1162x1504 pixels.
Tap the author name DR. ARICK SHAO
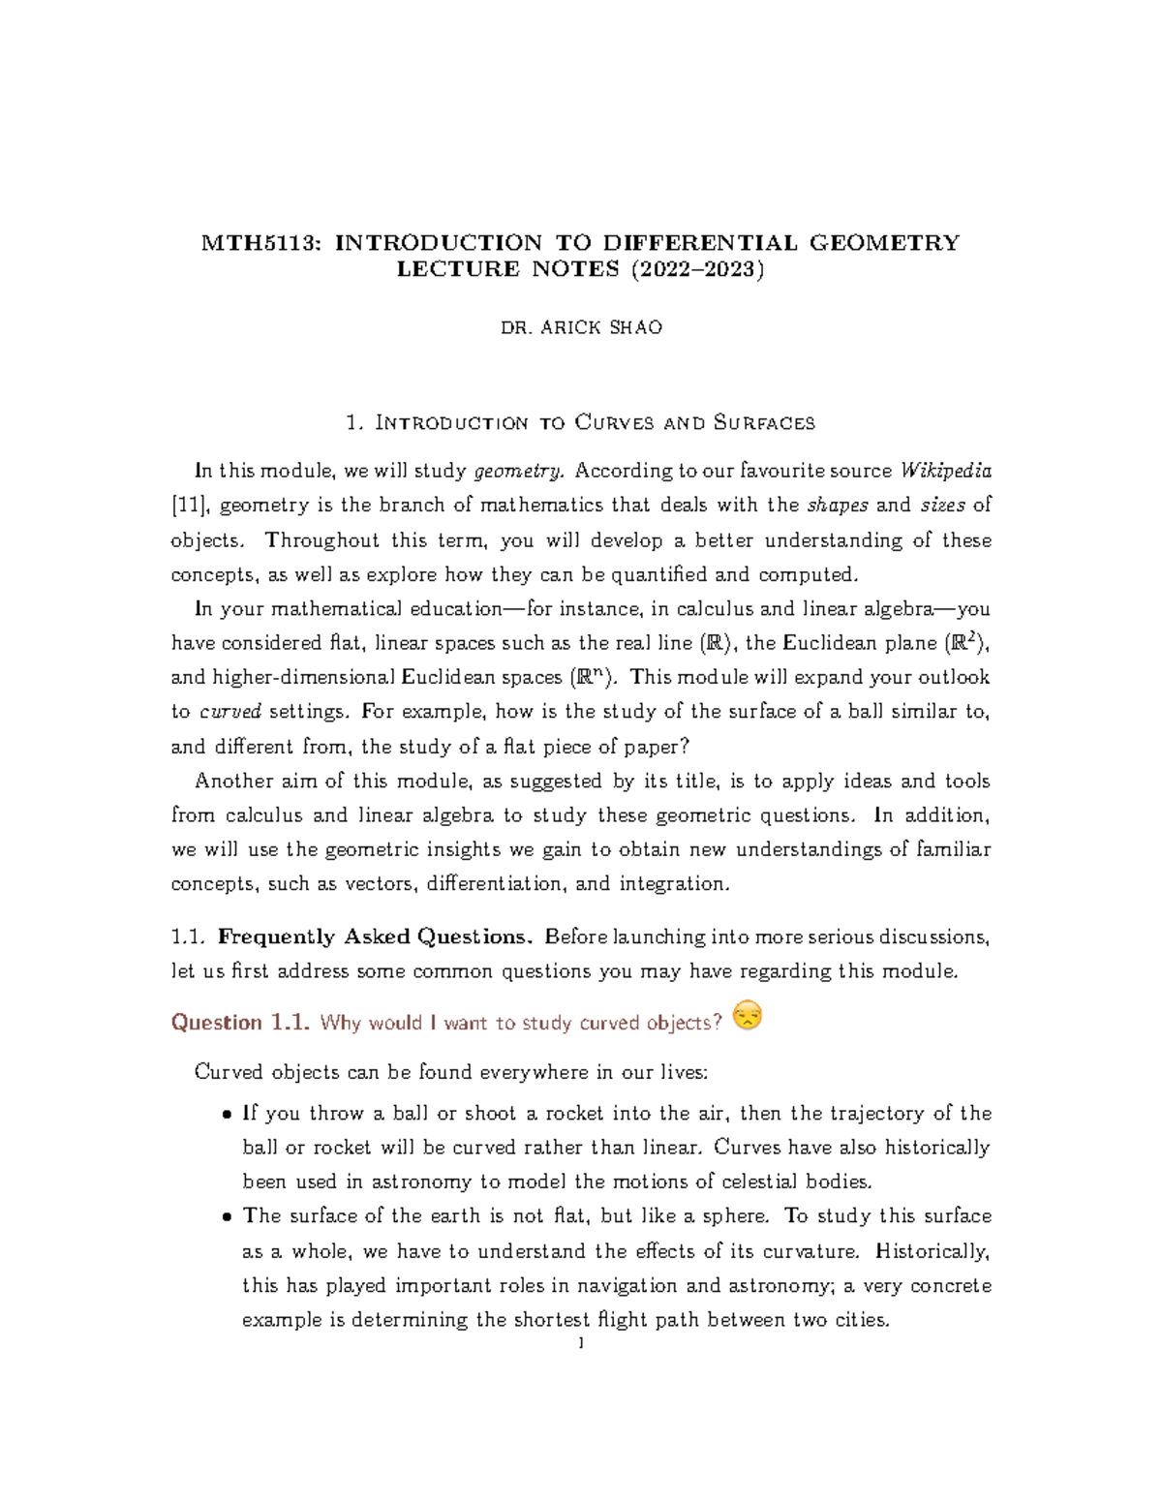[x=581, y=327]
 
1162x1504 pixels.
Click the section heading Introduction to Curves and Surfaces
[x=594, y=422]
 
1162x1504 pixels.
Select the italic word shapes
[x=838, y=506]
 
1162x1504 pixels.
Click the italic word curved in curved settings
[x=230, y=712]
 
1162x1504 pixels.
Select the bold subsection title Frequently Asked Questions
[x=375, y=936]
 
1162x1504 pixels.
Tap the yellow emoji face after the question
[x=748, y=1016]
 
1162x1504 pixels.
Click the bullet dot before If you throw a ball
[x=227, y=1115]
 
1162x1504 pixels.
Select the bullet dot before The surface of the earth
[x=227, y=1217]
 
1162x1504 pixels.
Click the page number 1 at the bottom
[x=580, y=1344]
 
